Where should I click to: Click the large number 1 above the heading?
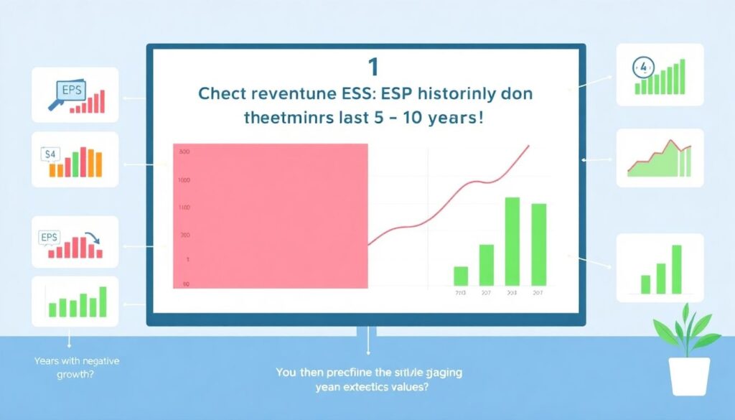(x=372, y=67)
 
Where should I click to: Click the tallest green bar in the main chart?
(x=512, y=241)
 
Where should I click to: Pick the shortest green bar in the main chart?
(x=461, y=276)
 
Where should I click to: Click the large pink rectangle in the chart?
(x=271, y=216)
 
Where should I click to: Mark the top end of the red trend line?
(x=529, y=146)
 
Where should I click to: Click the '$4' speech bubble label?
(x=51, y=154)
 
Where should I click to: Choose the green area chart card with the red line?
(x=659, y=159)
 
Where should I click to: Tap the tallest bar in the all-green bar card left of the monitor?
(x=103, y=302)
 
